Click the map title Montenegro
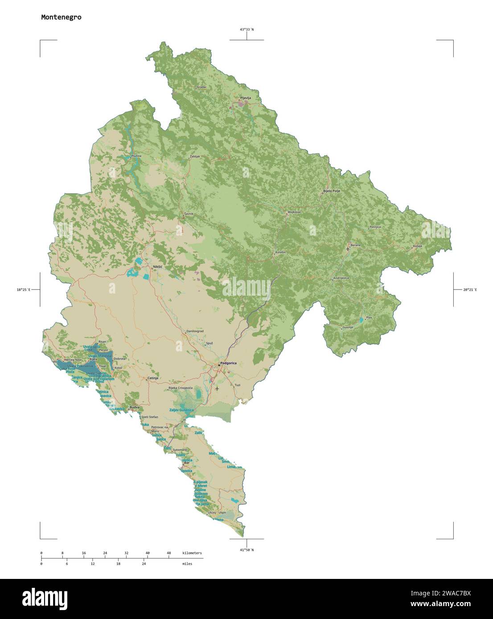tap(61, 17)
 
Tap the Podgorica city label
tap(228, 363)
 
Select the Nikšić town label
tap(157, 267)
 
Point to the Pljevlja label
tap(246, 98)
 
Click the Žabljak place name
tap(195, 157)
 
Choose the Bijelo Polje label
tap(331, 191)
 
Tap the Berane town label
tap(355, 245)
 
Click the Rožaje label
tap(417, 246)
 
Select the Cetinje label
tap(153, 378)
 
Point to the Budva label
tap(134, 407)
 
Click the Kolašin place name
tap(280, 252)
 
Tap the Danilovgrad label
tap(194, 331)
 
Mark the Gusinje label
tap(348, 327)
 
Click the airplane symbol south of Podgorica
tap(217, 388)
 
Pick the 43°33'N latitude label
tap(246, 29)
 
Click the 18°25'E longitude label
tap(23, 290)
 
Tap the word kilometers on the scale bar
tap(192, 553)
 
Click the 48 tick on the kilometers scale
tap(168, 553)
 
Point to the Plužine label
tap(136, 156)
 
